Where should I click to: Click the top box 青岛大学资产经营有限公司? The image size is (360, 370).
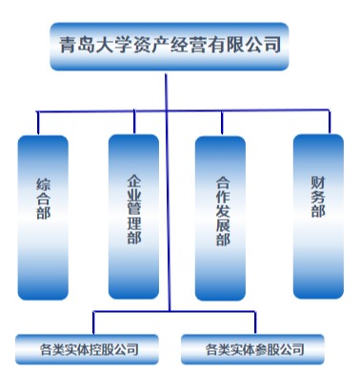coord(170,47)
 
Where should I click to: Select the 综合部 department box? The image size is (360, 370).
coord(43,218)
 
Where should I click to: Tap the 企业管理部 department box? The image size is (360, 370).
coord(133,217)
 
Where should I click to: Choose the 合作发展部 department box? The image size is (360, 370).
coord(220,218)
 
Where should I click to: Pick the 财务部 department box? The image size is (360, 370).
coord(318,216)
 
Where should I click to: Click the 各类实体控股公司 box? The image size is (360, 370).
coord(87,349)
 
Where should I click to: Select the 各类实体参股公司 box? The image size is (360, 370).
coord(252,349)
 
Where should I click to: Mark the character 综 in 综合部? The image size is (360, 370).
coord(43,185)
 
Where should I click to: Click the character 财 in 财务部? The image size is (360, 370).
coord(318,183)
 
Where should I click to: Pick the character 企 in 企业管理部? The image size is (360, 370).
coord(134,182)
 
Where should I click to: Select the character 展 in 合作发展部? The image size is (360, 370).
coord(223,225)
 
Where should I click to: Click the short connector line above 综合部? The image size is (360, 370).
coord(38,123)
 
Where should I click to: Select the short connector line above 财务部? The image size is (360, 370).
coord(330,122)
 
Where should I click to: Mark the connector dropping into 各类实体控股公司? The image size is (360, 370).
coord(93,322)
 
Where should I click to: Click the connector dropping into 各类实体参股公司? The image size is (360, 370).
coord(255,322)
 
